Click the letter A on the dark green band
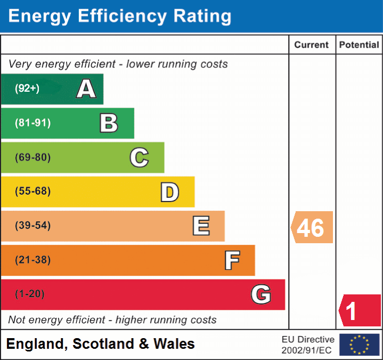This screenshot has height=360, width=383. (x=86, y=89)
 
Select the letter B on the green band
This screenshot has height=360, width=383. (x=109, y=123)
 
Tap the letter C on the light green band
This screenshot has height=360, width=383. (x=139, y=157)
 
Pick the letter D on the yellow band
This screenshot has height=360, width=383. (x=169, y=191)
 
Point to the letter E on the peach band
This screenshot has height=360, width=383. (x=200, y=226)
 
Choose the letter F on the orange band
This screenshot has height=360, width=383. (x=231, y=260)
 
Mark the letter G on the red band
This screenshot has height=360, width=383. (x=261, y=294)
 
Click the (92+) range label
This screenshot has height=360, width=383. (x=27, y=89)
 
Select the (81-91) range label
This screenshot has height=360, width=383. (x=32, y=123)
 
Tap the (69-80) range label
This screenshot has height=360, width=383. (x=32, y=157)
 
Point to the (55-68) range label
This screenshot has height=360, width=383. (x=32, y=191)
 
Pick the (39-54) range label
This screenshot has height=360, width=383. (x=32, y=226)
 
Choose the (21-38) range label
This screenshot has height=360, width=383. (x=32, y=260)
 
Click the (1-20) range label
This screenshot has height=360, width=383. (x=30, y=294)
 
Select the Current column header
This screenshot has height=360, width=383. (x=312, y=45)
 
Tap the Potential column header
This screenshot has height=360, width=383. (x=359, y=45)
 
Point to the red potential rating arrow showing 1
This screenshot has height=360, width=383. (x=360, y=311)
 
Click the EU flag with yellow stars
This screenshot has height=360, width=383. (x=359, y=345)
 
